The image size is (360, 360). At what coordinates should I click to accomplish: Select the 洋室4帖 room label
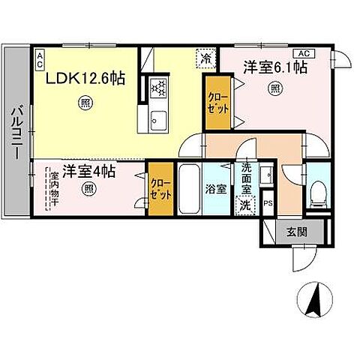[88, 172]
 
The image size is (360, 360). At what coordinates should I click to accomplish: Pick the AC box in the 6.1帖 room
[304, 53]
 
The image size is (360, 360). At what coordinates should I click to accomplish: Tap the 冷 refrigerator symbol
[206, 57]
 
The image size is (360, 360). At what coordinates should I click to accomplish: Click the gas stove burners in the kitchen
[159, 88]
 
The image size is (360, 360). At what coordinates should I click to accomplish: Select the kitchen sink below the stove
[159, 118]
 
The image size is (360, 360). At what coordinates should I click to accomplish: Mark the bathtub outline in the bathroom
[190, 188]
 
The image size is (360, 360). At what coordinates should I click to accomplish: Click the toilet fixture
[318, 193]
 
